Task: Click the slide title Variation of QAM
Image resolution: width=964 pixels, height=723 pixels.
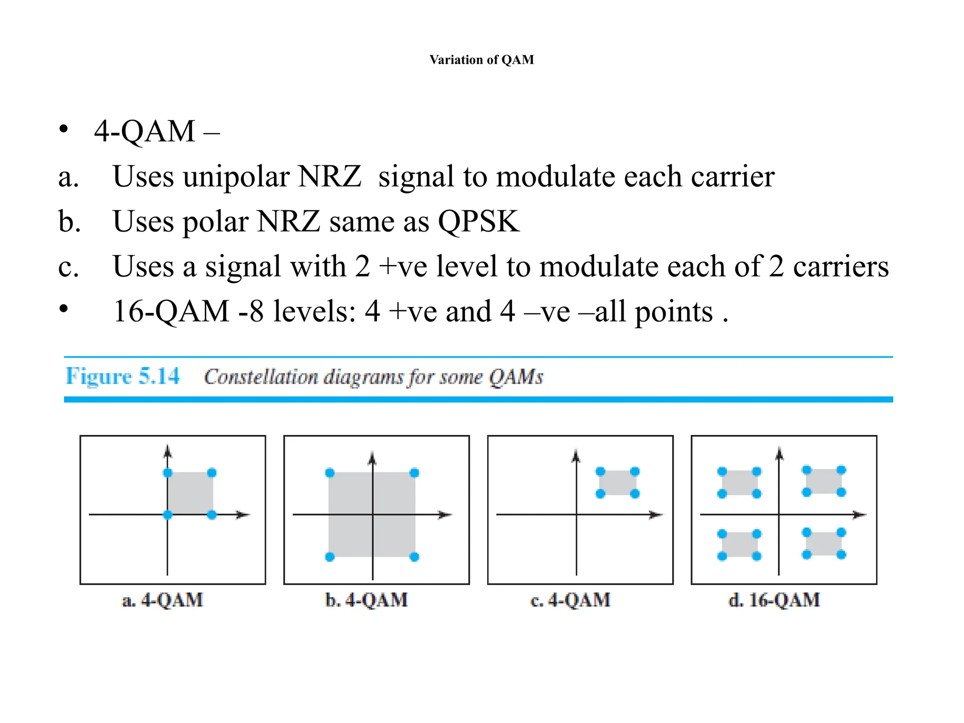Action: tap(482, 60)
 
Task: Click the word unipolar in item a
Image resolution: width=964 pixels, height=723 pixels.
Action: tap(236, 177)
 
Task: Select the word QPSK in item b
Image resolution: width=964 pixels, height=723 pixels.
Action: tap(478, 221)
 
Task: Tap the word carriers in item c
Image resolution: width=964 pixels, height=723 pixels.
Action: tap(841, 266)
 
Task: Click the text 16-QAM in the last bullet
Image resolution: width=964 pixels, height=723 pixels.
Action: tap(171, 311)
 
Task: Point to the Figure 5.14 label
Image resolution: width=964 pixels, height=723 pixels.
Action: tap(122, 376)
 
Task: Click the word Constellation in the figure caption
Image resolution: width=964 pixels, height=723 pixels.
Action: tap(261, 377)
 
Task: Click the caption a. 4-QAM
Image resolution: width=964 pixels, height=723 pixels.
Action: tap(162, 600)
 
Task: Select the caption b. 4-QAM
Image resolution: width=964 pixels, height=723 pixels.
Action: tap(366, 600)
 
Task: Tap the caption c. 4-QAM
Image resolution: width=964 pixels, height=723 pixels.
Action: tap(570, 600)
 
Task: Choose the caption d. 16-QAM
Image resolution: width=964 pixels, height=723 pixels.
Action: tap(774, 600)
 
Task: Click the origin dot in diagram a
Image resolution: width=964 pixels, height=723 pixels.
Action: tap(168, 514)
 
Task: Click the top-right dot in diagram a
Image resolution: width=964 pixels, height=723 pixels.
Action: tap(212, 473)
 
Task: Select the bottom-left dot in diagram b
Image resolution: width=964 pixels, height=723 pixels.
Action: tap(330, 557)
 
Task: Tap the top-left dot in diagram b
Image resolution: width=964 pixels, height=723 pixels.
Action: tap(330, 473)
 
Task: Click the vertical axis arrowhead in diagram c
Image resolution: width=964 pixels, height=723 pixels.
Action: tap(576, 456)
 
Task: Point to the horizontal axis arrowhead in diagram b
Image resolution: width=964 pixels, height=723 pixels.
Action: tap(445, 514)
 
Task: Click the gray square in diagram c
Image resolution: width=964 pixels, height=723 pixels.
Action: tap(618, 482)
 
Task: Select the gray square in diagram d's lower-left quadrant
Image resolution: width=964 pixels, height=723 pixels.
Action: tap(739, 545)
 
